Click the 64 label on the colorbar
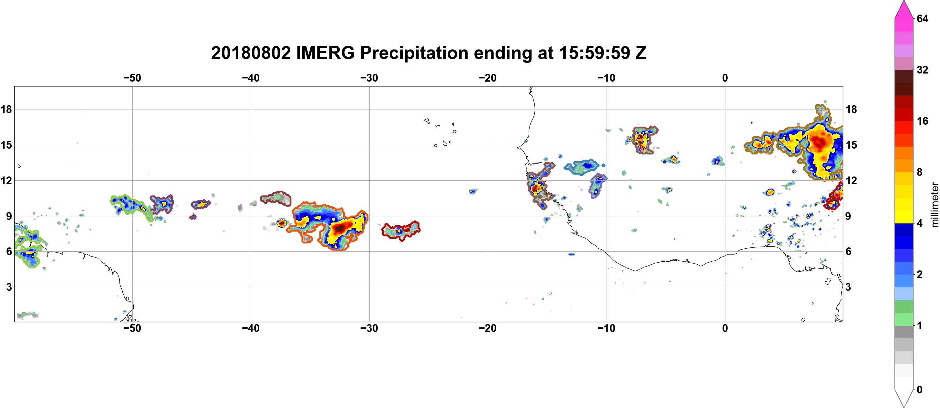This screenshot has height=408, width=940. pyautogui.click(x=922, y=18)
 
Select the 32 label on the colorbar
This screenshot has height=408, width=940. pyautogui.click(x=922, y=70)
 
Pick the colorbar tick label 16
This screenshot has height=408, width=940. pyautogui.click(x=922, y=121)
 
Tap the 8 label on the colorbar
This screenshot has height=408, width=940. pyautogui.click(x=920, y=172)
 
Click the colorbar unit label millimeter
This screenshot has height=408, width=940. pyautogui.click(x=935, y=205)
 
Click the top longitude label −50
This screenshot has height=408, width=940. pyautogui.click(x=132, y=78)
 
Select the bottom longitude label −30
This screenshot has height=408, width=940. pyautogui.click(x=369, y=328)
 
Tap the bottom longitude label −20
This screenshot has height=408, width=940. pyautogui.click(x=488, y=328)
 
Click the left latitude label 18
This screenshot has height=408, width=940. pyautogui.click(x=6, y=109)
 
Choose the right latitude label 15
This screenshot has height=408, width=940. pyautogui.click(x=851, y=145)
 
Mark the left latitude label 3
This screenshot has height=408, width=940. pyautogui.click(x=9, y=287)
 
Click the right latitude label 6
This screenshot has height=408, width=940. pyautogui.click(x=849, y=252)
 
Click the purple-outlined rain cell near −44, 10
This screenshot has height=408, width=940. pyautogui.click(x=201, y=204)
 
